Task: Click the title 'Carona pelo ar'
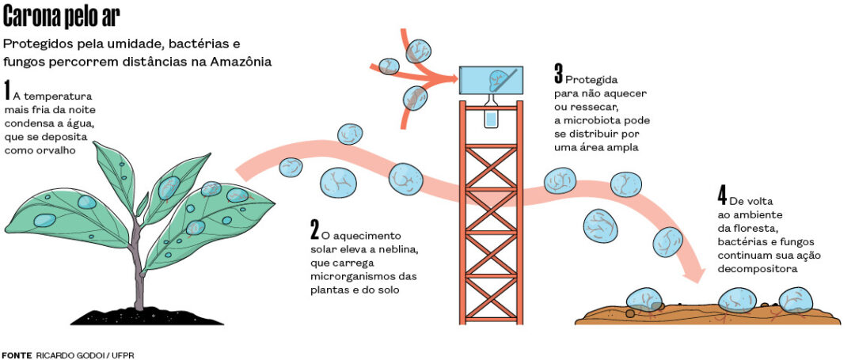63,17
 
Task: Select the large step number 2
314,229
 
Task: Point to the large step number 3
558,76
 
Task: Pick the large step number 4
721,195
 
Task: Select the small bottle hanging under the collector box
492,117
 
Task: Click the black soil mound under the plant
136,316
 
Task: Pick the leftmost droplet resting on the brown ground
645,301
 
